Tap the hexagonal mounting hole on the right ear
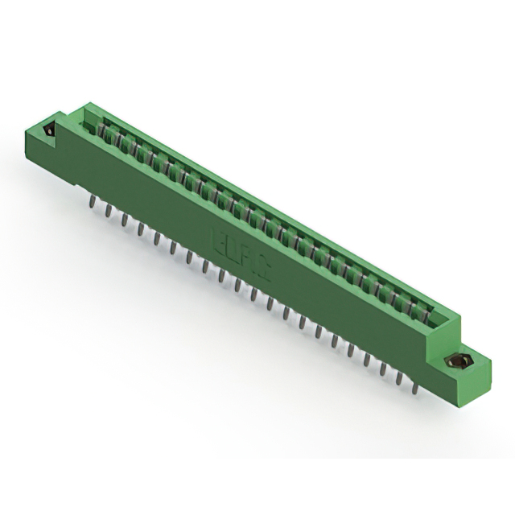point(456,364)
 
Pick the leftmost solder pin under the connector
point(91,200)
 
